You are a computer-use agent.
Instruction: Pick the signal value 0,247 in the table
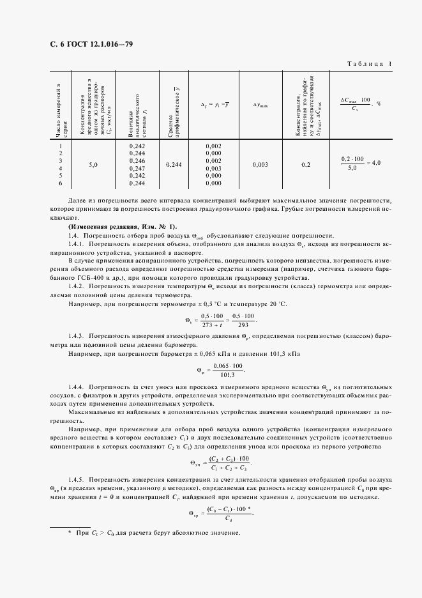(x=137, y=168)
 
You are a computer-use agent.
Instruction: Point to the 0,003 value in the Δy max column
(x=260, y=164)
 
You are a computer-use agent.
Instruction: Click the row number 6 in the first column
(x=59, y=183)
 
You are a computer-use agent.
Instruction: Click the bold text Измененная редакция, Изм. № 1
(x=123, y=227)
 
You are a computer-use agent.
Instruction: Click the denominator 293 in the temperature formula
(x=243, y=324)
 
